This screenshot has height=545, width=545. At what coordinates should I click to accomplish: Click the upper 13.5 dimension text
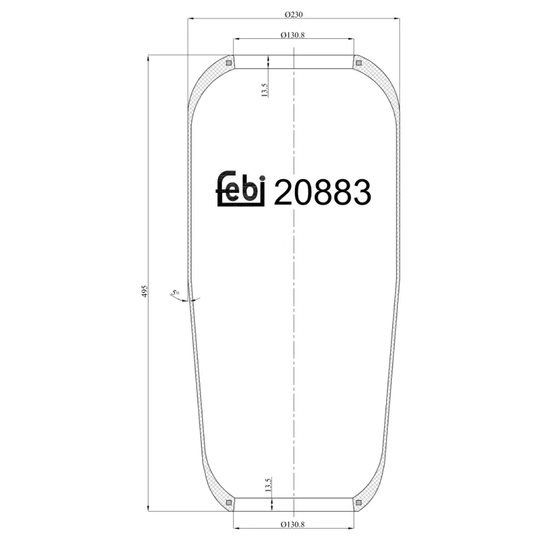tap(266, 89)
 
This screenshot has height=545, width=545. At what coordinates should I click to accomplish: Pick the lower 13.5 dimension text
tap(266, 485)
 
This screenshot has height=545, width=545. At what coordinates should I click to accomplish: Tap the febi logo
tap(240, 189)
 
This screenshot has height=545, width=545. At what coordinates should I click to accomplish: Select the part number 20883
tap(322, 193)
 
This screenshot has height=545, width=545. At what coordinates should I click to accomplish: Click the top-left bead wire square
tap(229, 63)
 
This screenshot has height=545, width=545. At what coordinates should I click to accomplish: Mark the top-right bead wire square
tap(358, 63)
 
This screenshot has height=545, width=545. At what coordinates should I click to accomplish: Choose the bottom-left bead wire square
tap(229, 503)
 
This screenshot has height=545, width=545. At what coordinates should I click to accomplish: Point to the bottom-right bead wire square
tap(358, 503)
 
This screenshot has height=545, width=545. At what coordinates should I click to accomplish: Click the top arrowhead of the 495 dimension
tap(148, 59)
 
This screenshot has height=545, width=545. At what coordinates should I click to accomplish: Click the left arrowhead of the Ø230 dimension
tap(191, 20)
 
